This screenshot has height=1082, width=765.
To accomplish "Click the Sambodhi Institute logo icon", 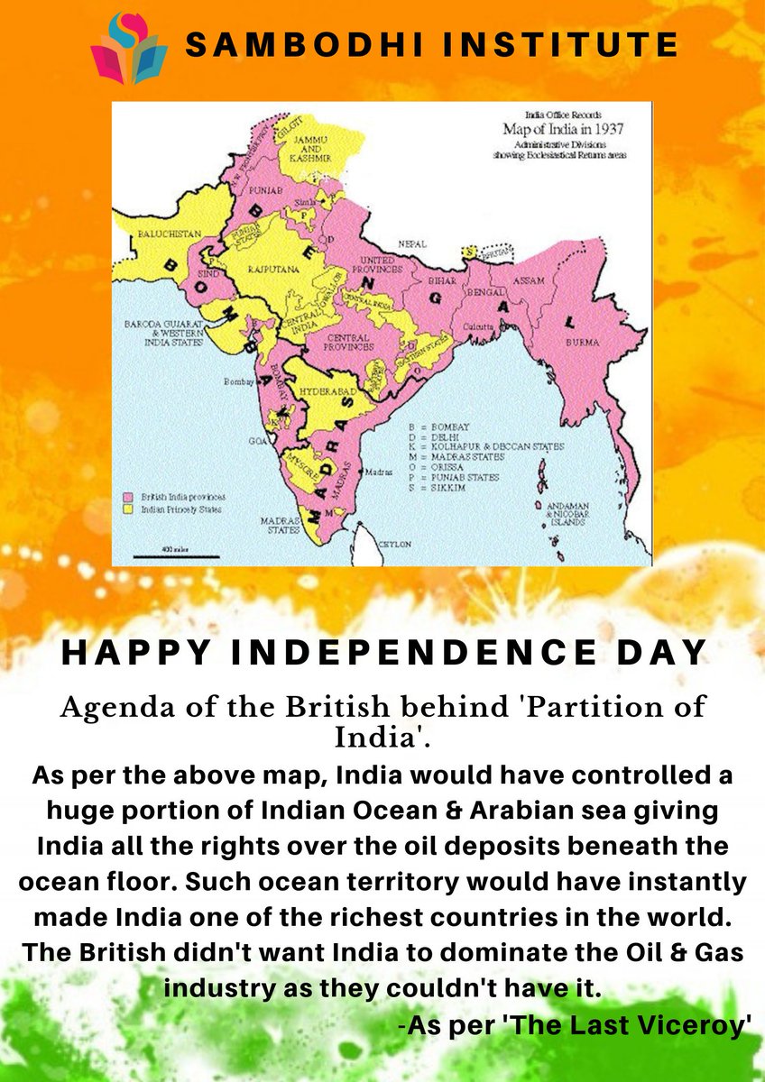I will [128, 47].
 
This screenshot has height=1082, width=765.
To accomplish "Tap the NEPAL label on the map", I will [412, 244].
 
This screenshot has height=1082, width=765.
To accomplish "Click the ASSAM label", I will [529, 280].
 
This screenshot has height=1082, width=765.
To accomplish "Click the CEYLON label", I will [396, 545].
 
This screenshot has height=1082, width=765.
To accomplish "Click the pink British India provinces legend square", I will [129, 497].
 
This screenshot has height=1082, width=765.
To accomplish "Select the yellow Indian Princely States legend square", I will [129, 509].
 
